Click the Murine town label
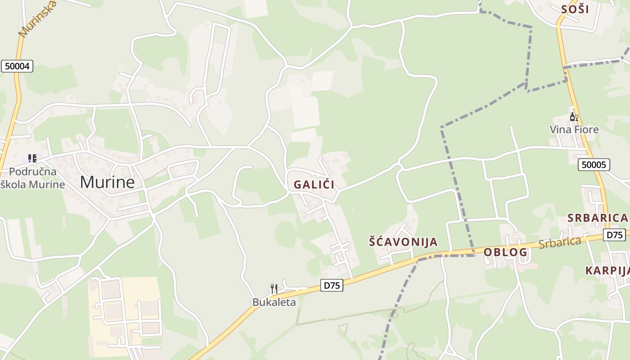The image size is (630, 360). (x=107, y=182)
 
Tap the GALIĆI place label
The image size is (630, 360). (x=314, y=184)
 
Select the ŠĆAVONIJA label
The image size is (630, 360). (x=403, y=242)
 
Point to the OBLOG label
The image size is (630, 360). (x=505, y=252)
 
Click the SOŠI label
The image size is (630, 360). (x=575, y=9)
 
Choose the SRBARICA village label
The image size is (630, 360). (x=597, y=218)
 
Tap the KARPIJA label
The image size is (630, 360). (x=607, y=270)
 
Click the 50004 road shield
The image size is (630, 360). (x=17, y=66)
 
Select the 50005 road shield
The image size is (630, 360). (x=594, y=165)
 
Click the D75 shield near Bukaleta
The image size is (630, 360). (x=332, y=285)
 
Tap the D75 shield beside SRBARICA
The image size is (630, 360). (x=614, y=234)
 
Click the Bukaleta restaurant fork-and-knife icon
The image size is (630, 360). (x=273, y=288)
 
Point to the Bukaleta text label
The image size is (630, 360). (x=274, y=302)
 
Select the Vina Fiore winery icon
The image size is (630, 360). (x=574, y=117)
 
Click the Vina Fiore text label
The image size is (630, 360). (x=574, y=130)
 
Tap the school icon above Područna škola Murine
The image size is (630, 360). (x=32, y=158)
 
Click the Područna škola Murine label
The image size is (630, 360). (x=33, y=178)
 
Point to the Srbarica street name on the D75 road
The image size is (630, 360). (x=560, y=243)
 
